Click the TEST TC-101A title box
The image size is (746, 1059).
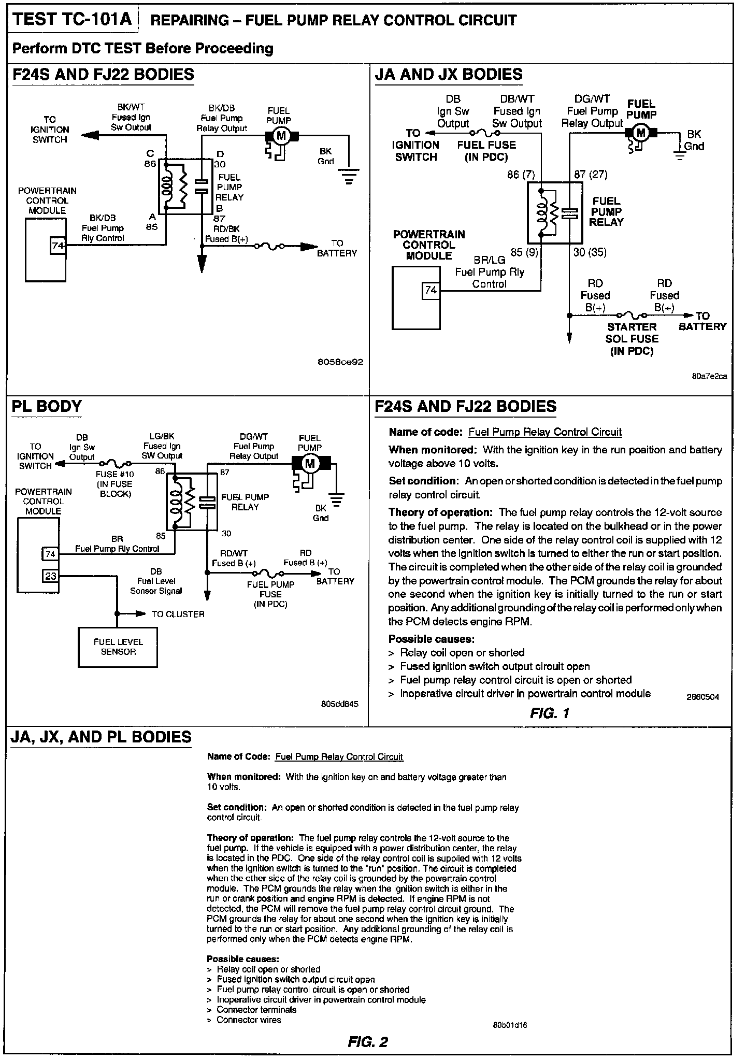tap(74, 20)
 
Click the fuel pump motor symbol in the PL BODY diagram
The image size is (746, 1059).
tap(310, 463)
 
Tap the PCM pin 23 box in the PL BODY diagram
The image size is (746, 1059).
tap(50, 576)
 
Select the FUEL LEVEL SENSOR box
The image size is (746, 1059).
tap(118, 647)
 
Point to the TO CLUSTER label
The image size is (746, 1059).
tap(178, 614)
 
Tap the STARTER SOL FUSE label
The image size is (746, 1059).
tap(632, 339)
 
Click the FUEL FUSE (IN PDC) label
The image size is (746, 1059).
tap(486, 151)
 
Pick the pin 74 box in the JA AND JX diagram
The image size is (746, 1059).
tap(431, 291)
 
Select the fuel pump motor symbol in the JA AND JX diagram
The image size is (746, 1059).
tap(641, 133)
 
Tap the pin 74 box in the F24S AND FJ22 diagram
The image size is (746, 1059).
tap(58, 245)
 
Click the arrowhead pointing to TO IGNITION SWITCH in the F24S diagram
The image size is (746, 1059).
tap(89, 136)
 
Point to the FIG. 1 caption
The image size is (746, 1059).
tap(550, 713)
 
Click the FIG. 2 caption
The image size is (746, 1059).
tap(368, 1041)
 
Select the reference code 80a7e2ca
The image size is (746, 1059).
tap(709, 376)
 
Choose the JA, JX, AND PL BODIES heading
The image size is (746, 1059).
tap(101, 737)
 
